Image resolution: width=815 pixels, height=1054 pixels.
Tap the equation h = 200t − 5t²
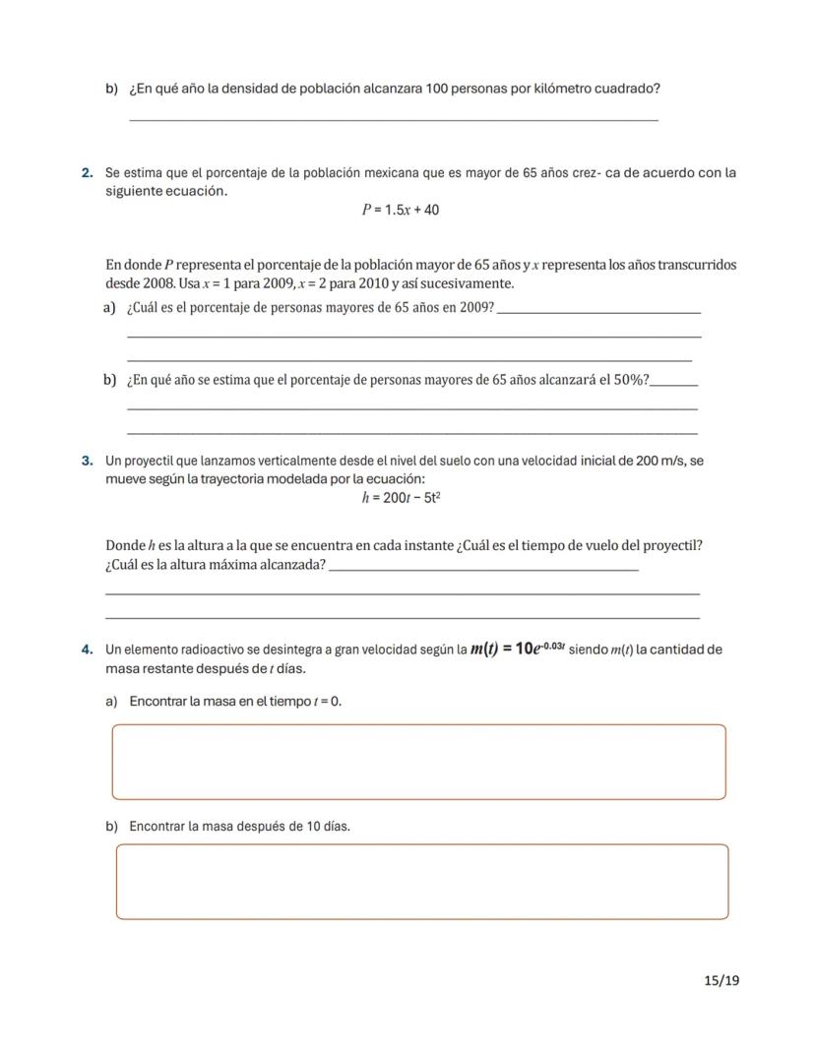pyautogui.click(x=401, y=498)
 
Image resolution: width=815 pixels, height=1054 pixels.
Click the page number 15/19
pyautogui.click(x=721, y=980)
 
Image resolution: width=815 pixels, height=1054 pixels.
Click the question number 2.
pyautogui.click(x=88, y=173)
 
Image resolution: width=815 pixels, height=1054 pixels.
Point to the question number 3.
pyautogui.click(x=88, y=461)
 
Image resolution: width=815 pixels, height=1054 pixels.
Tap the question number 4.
pyautogui.click(x=88, y=650)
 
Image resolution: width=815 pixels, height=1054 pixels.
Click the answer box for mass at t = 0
pyautogui.click(x=418, y=762)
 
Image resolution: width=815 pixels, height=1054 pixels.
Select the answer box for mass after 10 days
pyautogui.click(x=422, y=882)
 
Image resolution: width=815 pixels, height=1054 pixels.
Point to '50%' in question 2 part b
pyautogui.click(x=628, y=380)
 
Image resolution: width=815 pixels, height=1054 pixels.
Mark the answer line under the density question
pyautogui.click(x=394, y=120)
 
